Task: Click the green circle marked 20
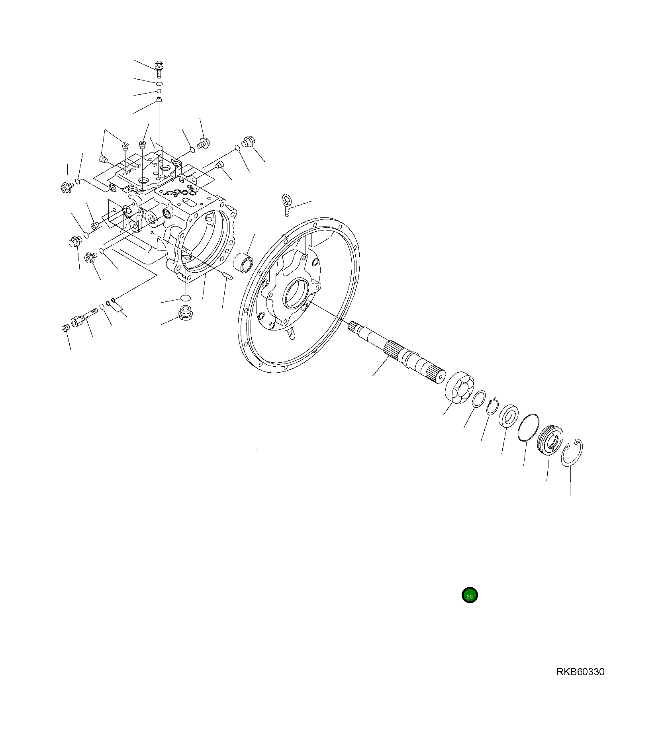coord(469,596)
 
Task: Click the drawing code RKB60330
coord(580,672)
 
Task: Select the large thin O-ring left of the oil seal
coord(529,428)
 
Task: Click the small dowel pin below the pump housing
coord(227,275)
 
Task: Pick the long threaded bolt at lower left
coord(83,317)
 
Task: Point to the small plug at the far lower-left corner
coord(66,328)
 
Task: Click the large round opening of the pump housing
coord(207,239)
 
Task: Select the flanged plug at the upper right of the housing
coord(248,141)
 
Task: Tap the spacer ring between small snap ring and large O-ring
coord(509,416)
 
